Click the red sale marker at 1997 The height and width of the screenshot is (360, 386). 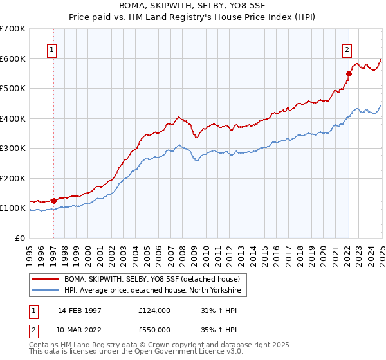point(54,201)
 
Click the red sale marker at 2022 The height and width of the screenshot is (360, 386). point(349,73)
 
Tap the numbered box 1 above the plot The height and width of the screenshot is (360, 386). point(51,51)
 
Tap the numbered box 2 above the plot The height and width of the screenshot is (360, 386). point(347,51)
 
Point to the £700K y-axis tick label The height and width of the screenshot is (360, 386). point(13,29)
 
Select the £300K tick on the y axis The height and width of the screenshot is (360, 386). point(13,148)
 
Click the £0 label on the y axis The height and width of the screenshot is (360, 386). point(19,238)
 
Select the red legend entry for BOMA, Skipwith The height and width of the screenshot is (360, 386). point(151,279)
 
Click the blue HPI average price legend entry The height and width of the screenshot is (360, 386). point(151,291)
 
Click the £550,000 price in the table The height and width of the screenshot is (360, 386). point(154,330)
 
